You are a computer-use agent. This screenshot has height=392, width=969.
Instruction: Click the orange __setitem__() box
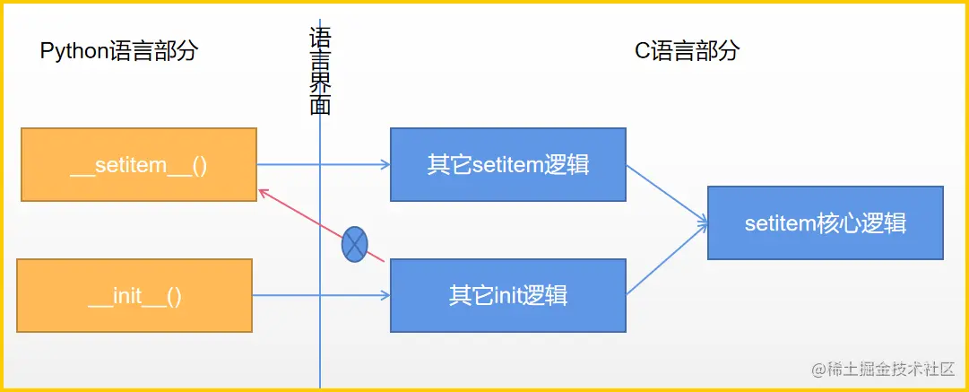click(139, 164)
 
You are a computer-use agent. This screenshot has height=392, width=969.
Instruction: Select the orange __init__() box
click(134, 295)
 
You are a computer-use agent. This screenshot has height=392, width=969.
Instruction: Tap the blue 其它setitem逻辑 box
click(508, 164)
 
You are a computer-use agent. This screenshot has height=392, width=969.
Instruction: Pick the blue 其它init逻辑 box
click(508, 295)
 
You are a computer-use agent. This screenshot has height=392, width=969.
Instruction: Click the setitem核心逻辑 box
click(826, 222)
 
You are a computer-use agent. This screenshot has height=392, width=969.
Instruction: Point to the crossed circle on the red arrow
click(355, 244)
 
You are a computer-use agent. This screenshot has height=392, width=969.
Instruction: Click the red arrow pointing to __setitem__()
click(321, 225)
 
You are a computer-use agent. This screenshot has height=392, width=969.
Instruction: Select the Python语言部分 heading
click(119, 51)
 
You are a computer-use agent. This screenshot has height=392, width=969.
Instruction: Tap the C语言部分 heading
click(688, 51)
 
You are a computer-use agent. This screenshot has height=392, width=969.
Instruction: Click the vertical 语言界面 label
click(320, 71)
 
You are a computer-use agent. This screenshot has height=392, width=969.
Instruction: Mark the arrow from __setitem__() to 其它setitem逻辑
click(324, 164)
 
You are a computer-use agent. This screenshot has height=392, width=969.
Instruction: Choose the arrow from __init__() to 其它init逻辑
click(321, 295)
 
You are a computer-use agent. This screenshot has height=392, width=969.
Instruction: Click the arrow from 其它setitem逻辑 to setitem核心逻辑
click(667, 192)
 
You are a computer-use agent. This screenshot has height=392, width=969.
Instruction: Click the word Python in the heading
click(74, 52)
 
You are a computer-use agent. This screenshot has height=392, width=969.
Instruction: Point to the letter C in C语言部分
click(643, 51)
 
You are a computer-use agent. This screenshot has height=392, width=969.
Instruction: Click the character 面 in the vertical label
click(320, 104)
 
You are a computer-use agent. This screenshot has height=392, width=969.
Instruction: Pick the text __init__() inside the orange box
click(134, 298)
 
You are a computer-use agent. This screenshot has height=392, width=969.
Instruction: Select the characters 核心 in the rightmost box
click(844, 222)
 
